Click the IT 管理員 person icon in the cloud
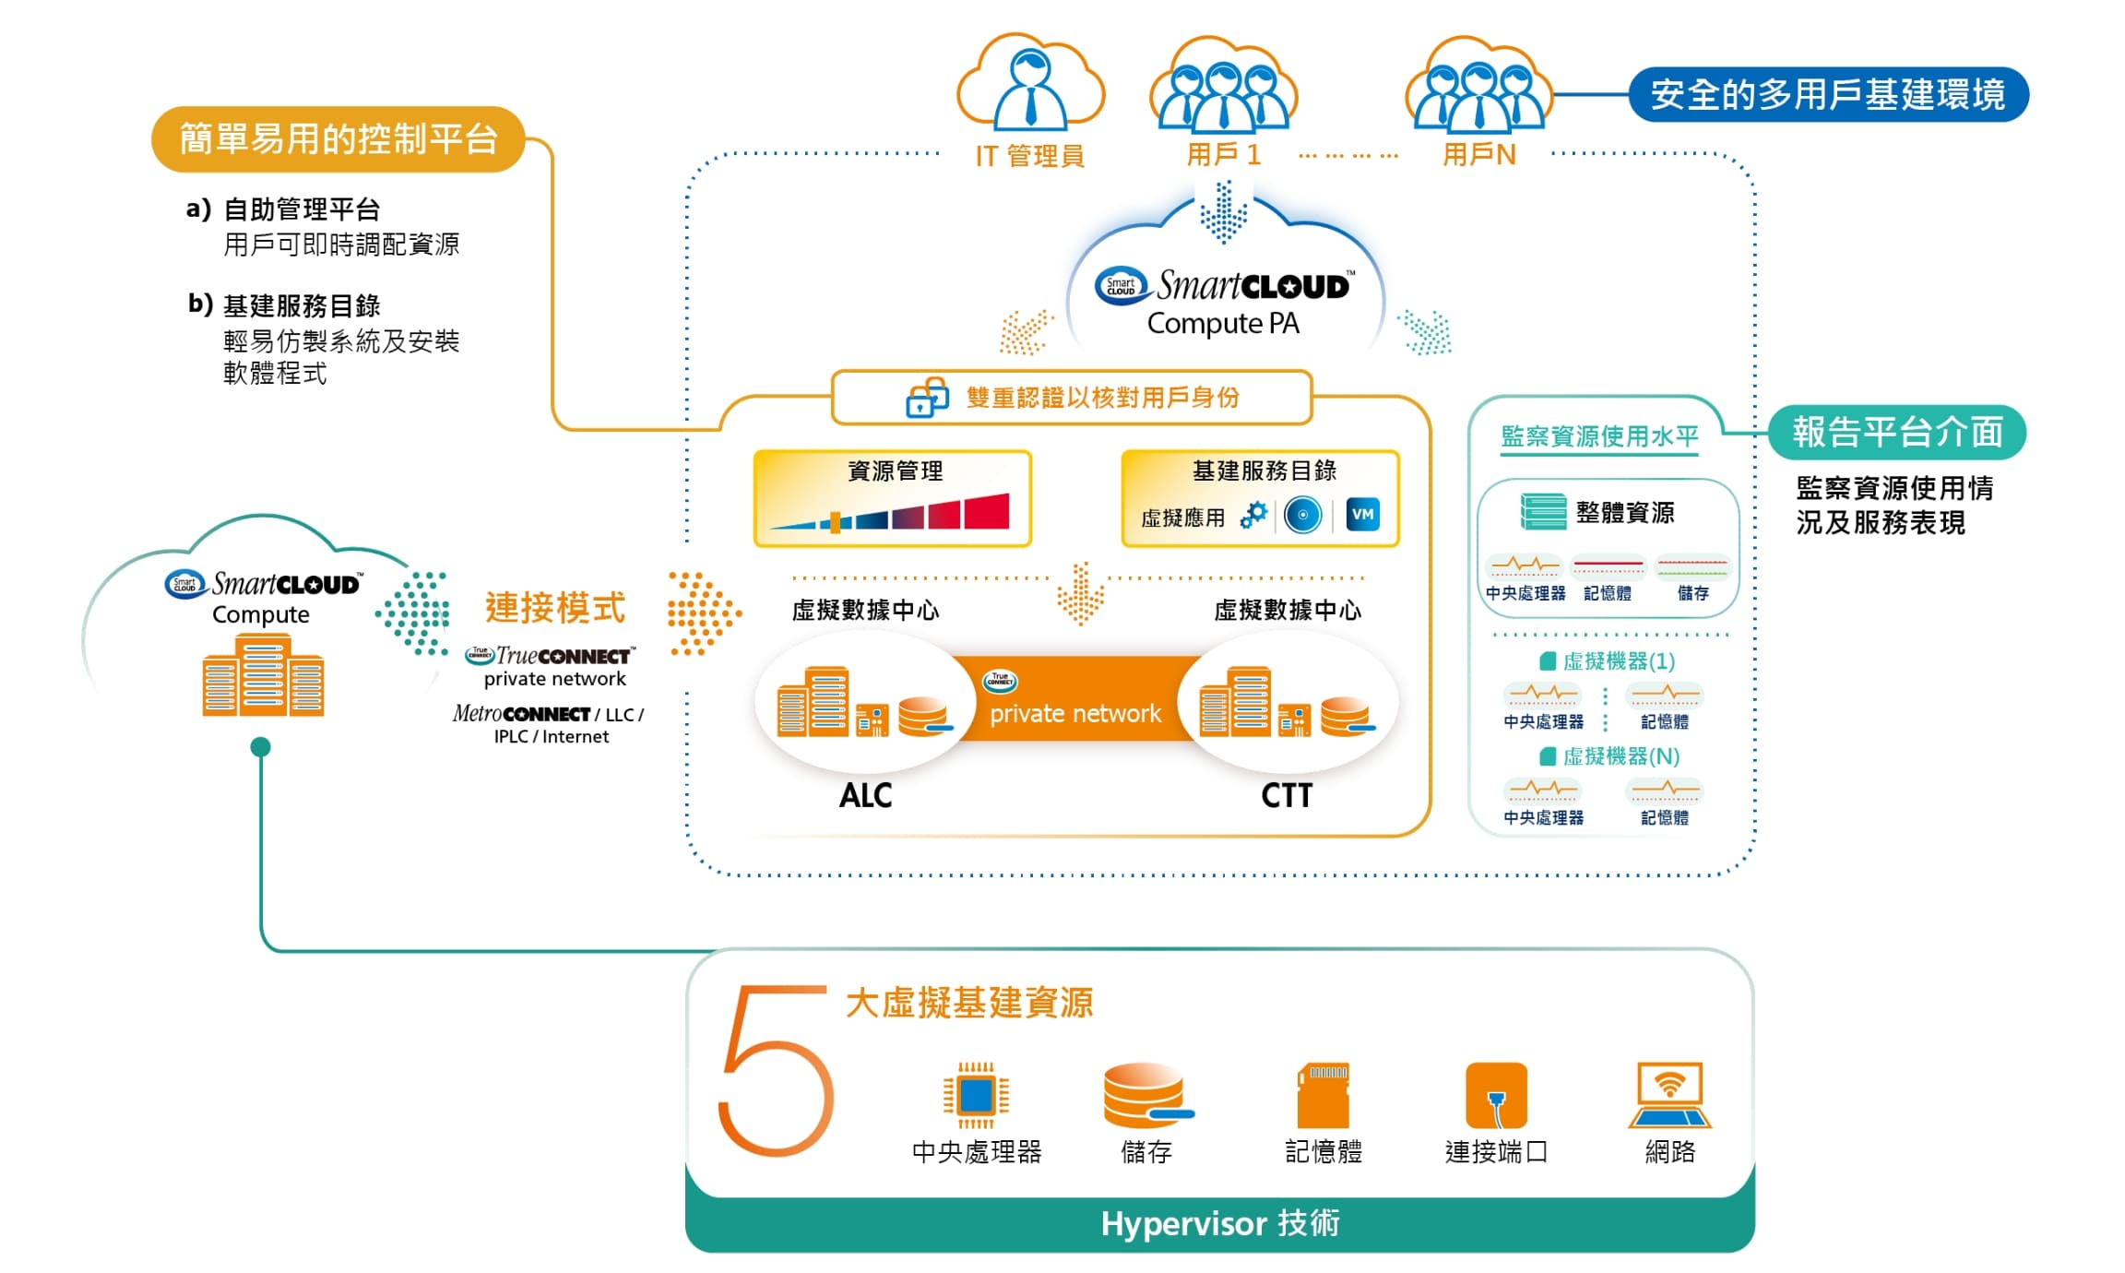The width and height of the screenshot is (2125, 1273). [x=1030, y=89]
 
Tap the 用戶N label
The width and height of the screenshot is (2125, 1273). [x=1479, y=155]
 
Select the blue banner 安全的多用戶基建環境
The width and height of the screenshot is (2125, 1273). [x=1828, y=94]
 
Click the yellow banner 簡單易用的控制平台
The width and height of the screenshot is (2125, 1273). [x=338, y=139]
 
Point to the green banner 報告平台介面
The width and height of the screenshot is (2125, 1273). [x=1897, y=433]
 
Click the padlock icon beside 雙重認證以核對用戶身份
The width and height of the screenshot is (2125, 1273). [x=927, y=398]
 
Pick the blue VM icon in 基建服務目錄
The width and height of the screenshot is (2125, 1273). [x=1363, y=515]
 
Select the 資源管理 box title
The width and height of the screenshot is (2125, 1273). [x=895, y=471]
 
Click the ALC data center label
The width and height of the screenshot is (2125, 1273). [x=865, y=795]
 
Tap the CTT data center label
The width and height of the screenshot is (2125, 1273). [x=1287, y=795]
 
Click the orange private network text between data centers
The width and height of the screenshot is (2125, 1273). [x=1075, y=714]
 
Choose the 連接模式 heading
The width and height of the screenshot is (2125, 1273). [x=555, y=608]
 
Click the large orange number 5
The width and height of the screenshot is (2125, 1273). [x=775, y=1070]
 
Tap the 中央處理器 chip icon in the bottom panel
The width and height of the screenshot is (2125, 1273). [x=976, y=1095]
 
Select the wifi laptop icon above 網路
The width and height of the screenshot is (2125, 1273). [x=1669, y=1095]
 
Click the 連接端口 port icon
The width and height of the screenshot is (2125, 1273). [x=1496, y=1095]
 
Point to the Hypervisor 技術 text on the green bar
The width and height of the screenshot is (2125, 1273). [x=1219, y=1224]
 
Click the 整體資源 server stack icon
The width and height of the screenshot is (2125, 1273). [x=1543, y=512]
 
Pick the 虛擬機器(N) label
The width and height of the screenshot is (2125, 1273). [x=1620, y=757]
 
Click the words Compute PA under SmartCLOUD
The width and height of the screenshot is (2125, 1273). [x=1223, y=324]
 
